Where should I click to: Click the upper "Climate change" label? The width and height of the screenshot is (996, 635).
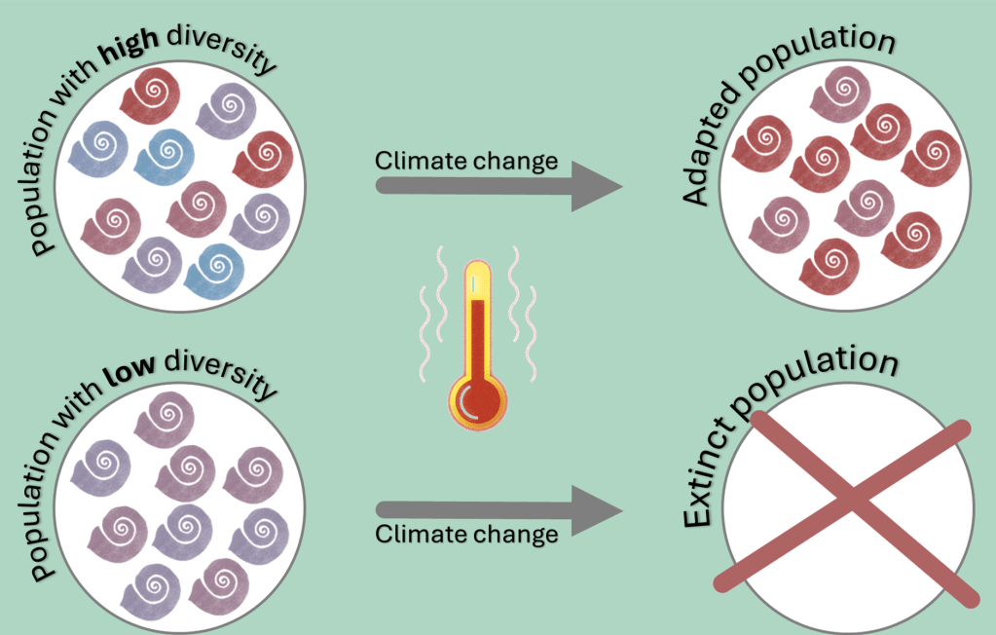click(x=466, y=160)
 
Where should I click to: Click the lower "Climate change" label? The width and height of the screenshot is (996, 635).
click(x=466, y=534)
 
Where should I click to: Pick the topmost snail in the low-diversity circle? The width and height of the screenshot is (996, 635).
click(x=163, y=421)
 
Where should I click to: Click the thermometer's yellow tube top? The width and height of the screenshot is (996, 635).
click(x=478, y=278)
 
